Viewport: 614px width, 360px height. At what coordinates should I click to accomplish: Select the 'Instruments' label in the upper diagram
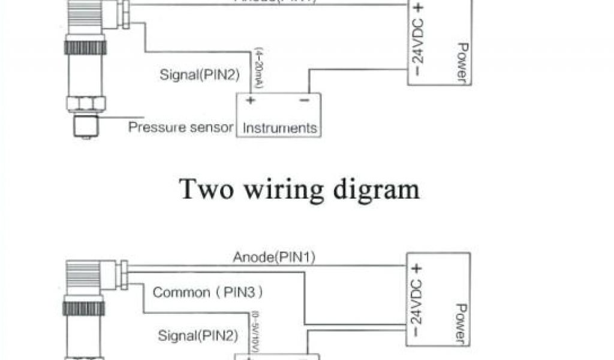pyautogui.click(x=279, y=128)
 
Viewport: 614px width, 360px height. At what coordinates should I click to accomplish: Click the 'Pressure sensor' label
pyautogui.click(x=180, y=127)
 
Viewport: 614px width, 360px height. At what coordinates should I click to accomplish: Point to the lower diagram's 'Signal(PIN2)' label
pyautogui.click(x=198, y=335)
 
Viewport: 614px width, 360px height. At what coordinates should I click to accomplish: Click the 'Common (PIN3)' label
pyautogui.click(x=208, y=293)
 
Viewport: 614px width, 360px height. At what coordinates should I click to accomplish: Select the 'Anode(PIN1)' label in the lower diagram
pyautogui.click(x=274, y=258)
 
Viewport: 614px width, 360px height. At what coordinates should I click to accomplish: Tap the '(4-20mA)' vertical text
pyautogui.click(x=258, y=70)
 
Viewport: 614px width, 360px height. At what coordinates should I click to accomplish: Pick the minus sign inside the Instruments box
pyautogui.click(x=304, y=100)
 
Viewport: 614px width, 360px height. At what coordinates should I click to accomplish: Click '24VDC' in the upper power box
pyautogui.click(x=419, y=44)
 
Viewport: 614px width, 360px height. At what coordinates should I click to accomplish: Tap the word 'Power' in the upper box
pyautogui.click(x=462, y=61)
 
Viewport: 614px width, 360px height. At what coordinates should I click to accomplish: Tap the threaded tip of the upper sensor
pyautogui.click(x=85, y=127)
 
